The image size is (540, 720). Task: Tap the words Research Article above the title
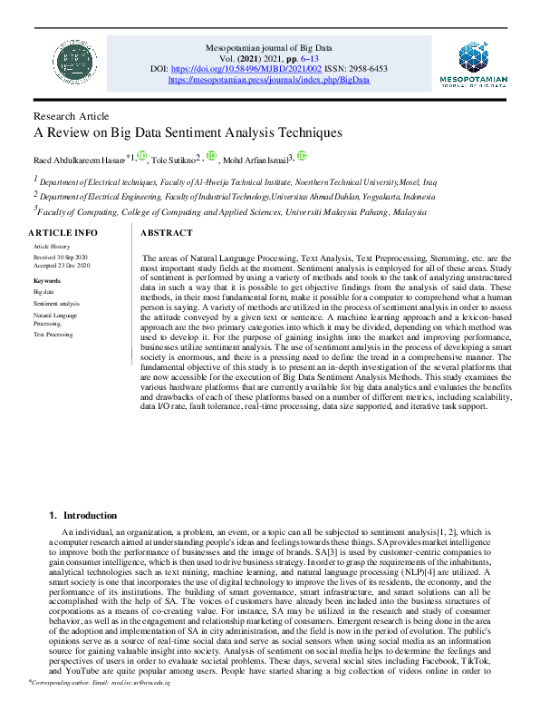[71, 116]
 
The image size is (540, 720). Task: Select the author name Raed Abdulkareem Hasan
[80, 161]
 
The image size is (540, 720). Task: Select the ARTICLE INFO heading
[63, 234]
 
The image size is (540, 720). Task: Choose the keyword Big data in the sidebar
[43, 292]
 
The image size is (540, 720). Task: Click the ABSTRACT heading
[166, 233]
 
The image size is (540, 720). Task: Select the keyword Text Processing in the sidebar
[53, 335]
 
